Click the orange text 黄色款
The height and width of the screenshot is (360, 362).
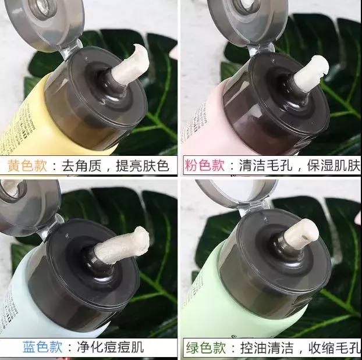(27, 166)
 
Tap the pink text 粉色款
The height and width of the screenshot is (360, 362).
(204, 165)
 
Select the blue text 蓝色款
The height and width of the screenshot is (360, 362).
(42, 347)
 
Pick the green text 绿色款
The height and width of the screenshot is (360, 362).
(206, 348)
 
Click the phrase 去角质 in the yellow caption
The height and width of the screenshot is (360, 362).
(81, 166)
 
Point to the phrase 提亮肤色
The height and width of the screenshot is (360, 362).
(143, 166)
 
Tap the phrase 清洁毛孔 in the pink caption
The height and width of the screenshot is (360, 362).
(266, 165)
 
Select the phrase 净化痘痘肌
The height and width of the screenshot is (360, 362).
(111, 347)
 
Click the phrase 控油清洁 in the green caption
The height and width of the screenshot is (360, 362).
(267, 348)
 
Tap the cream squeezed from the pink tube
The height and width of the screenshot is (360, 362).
(312, 73)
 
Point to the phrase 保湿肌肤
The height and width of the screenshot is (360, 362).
(333, 165)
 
